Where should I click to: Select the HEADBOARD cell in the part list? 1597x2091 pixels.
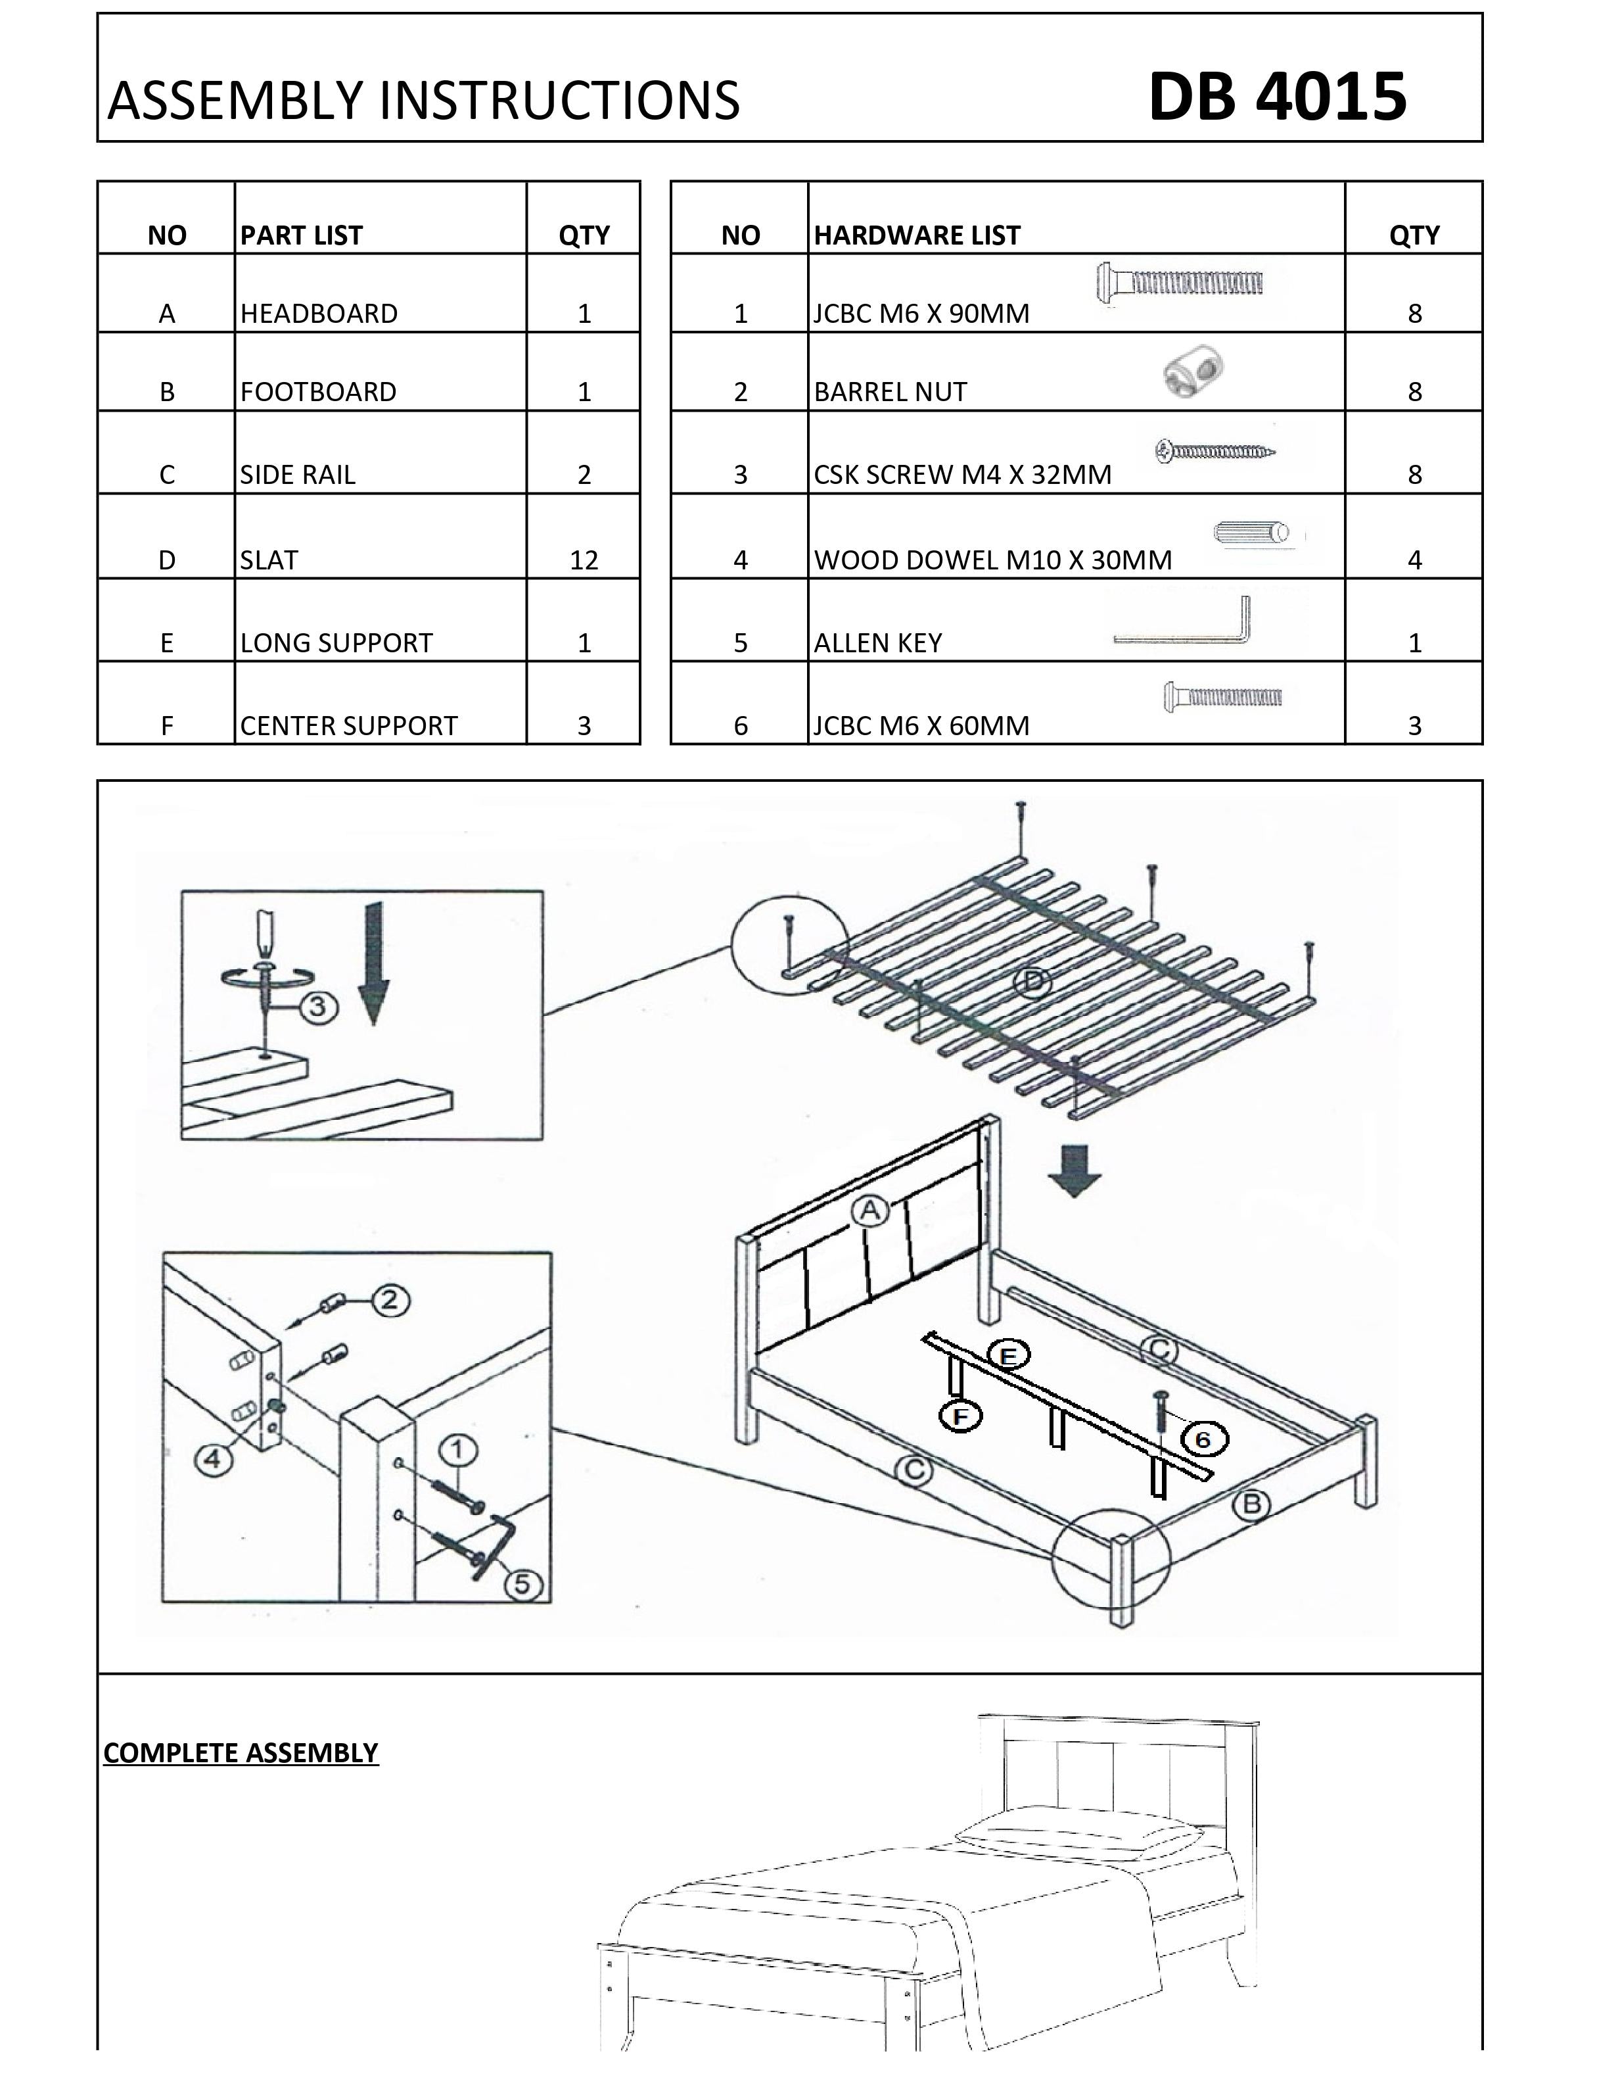319,313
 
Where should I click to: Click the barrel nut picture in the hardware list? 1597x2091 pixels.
1192,372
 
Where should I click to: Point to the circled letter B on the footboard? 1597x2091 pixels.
1252,1504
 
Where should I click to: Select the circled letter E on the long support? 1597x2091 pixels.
1009,1355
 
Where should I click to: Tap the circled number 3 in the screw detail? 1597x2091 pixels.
319,1007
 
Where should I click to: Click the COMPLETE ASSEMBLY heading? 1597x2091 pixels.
241,1752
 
